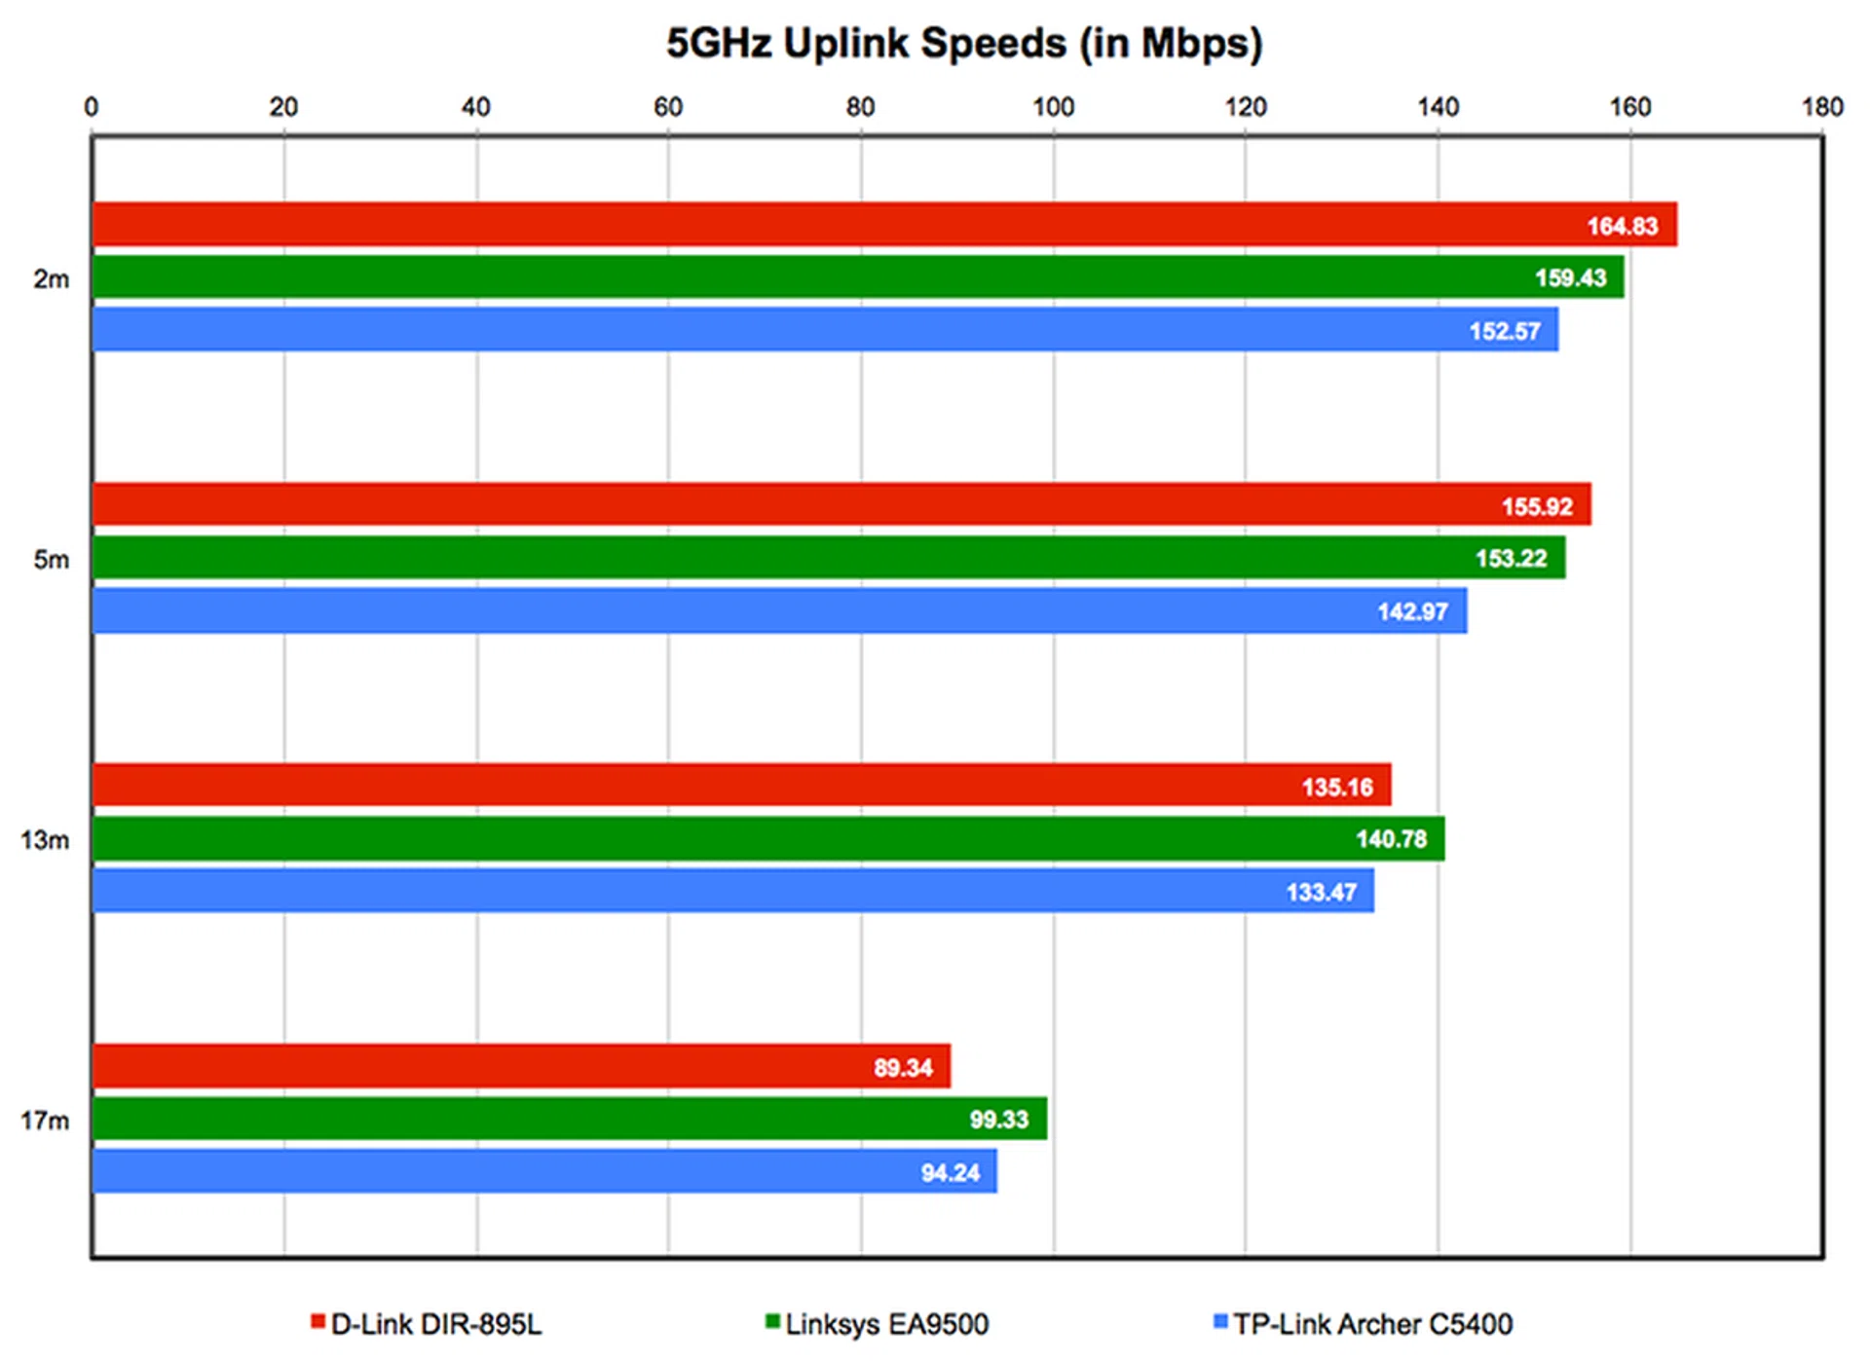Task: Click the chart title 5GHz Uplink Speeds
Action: coord(963,44)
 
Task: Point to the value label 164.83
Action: coord(1622,226)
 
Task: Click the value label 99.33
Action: coord(998,1120)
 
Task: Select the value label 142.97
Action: coord(1412,611)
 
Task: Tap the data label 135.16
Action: coord(1337,787)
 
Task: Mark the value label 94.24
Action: coord(950,1173)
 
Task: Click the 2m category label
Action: coord(52,279)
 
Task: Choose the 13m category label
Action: coord(45,839)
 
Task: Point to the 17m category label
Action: coord(45,1121)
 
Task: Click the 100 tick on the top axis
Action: coord(1053,107)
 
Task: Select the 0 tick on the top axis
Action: coord(92,107)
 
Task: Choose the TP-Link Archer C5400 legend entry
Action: coord(1364,1324)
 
